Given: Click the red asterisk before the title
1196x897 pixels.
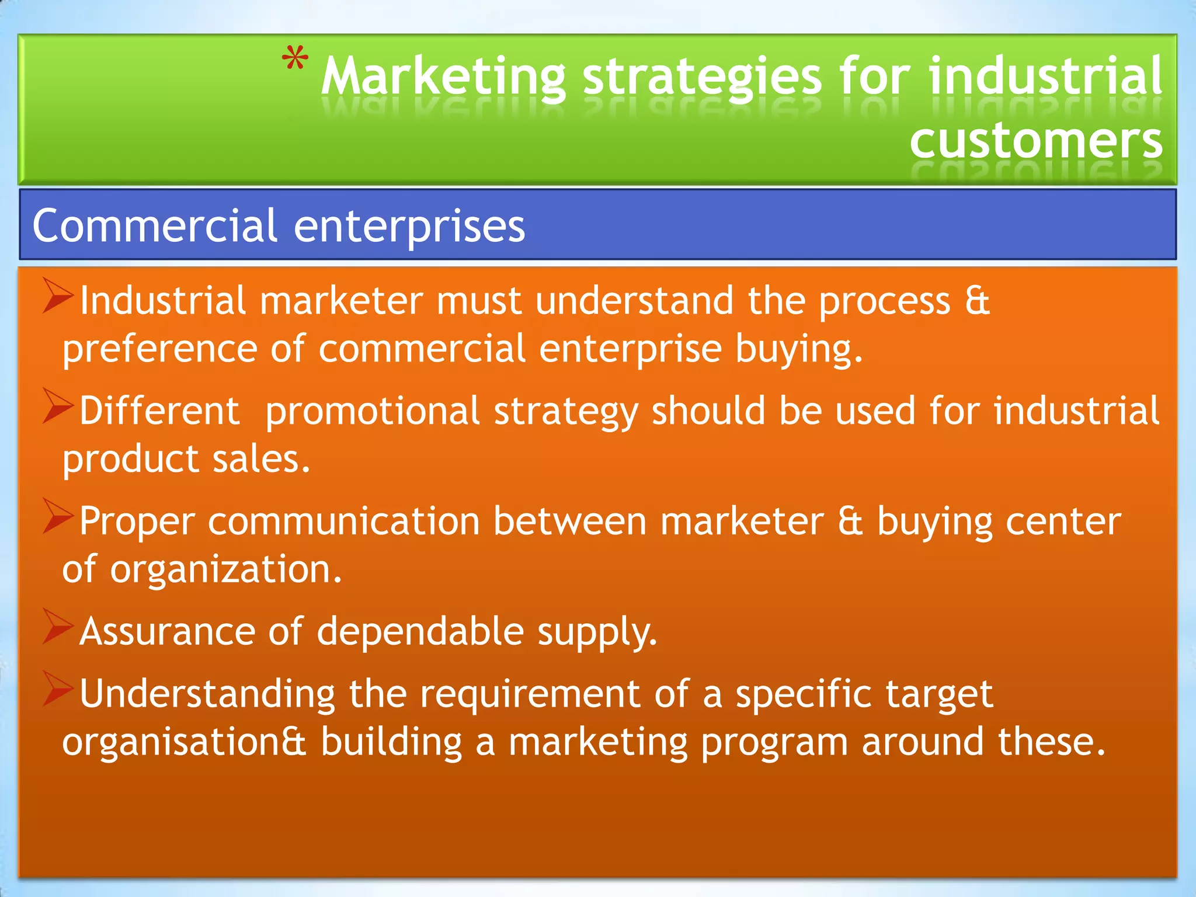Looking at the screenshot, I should [x=295, y=59].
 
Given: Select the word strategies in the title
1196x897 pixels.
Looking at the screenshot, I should [x=702, y=77].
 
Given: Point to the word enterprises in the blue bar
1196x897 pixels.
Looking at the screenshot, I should [x=409, y=227].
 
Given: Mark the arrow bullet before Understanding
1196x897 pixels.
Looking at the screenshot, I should [x=58, y=690].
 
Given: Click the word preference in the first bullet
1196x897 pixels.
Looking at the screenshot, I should [x=160, y=349].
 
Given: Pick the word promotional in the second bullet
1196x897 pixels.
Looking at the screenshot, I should [x=373, y=411].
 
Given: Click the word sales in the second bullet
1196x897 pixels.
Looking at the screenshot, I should [x=261, y=459].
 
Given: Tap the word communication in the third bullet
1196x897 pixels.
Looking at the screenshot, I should [x=343, y=521].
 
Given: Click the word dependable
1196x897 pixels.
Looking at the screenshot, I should [x=420, y=632].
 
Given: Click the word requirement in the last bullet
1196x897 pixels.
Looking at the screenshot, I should [x=530, y=695].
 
